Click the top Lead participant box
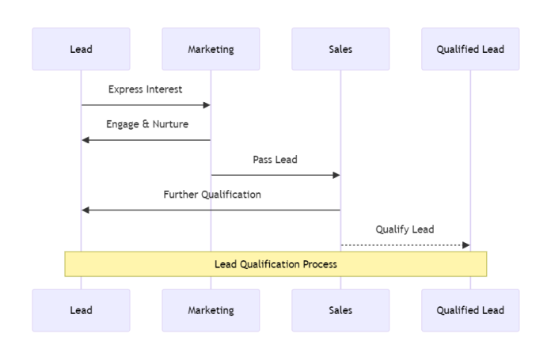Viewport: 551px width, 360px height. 81,49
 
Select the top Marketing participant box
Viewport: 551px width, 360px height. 211,49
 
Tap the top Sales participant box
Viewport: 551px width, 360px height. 340,49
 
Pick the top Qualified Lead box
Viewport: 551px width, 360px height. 470,49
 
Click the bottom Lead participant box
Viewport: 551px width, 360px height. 81,310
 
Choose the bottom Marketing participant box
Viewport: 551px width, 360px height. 211,310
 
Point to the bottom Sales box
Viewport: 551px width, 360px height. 340,310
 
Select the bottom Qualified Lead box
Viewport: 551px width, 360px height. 470,310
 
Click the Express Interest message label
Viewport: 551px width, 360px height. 146,89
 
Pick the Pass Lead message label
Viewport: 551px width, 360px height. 275,159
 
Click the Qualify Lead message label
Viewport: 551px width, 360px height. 405,229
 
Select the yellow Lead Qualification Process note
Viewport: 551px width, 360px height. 275,264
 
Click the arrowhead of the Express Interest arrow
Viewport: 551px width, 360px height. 206,105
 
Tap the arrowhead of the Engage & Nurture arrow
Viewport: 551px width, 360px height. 85,140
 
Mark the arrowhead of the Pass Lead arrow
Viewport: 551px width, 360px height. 336,175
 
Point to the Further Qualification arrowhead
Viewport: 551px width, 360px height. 85,210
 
